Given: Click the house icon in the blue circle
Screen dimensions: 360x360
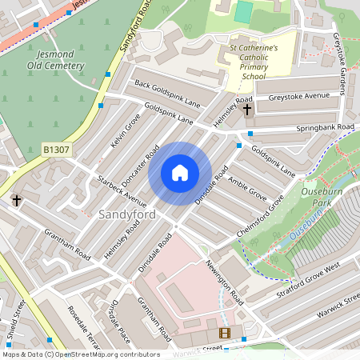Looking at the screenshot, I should pyautogui.click(x=180, y=173).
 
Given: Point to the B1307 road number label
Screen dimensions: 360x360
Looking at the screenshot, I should pyautogui.click(x=55, y=149).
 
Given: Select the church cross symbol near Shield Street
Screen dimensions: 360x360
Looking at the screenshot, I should pyautogui.click(x=16, y=200).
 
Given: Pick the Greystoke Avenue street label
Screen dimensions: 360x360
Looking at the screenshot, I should pyautogui.click(x=299, y=97).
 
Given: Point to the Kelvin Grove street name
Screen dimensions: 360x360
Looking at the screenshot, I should pyautogui.click(x=126, y=130).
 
